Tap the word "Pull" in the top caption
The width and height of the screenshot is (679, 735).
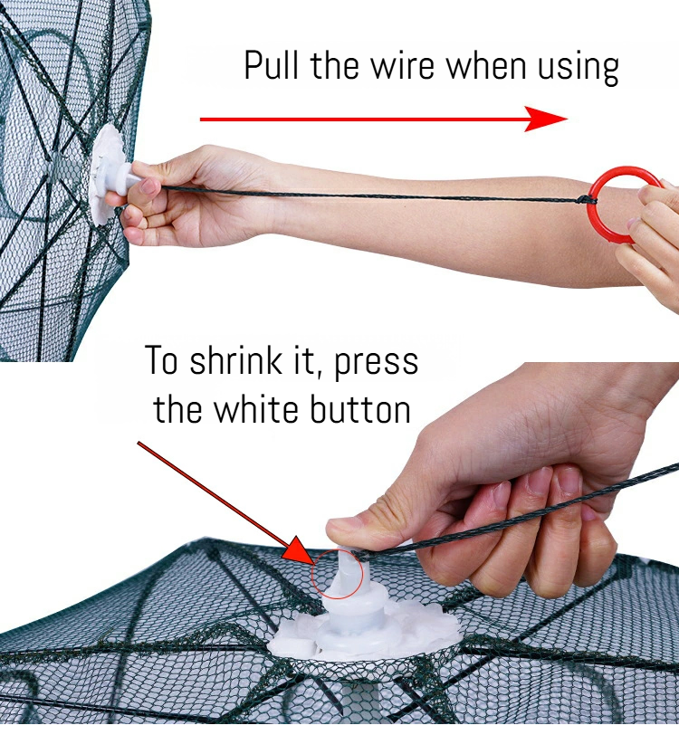pyautogui.click(x=271, y=64)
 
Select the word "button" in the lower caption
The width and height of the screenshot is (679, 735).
pyautogui.click(x=360, y=409)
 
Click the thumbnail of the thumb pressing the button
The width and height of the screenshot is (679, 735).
pyautogui.click(x=342, y=527)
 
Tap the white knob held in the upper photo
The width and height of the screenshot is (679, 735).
pyautogui.click(x=126, y=178)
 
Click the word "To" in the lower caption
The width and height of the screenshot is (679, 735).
pyautogui.click(x=161, y=360)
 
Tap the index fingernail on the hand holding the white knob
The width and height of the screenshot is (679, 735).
pyautogui.click(x=149, y=186)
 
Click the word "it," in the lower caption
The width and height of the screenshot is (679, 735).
pyautogui.click(x=313, y=361)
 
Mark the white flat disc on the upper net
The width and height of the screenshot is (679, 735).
pyautogui.click(x=105, y=174)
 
